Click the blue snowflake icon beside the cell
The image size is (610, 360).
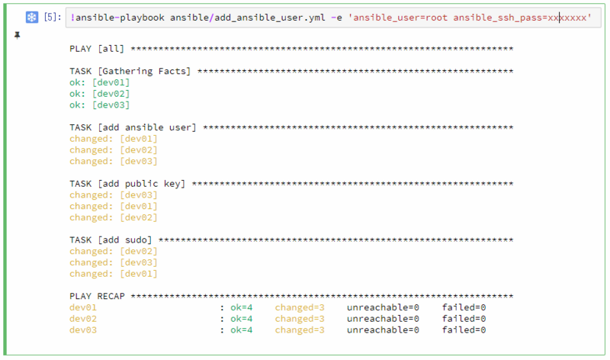pos(32,17)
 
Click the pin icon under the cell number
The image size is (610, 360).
pos(17,35)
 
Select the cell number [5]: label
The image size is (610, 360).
pos(53,17)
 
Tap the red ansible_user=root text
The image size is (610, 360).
pos(400,18)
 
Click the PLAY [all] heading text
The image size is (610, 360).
pos(97,49)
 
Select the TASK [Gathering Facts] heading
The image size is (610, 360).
pos(130,71)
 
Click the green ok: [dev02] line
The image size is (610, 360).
pos(100,94)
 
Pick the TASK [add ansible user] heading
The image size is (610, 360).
pos(133,127)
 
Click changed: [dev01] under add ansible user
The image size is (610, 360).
pos(114,139)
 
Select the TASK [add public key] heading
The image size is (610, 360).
pos(127,184)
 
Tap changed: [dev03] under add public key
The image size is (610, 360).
pos(114,195)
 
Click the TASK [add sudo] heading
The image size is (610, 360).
pos(111,239)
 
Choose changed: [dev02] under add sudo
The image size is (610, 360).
pos(114,252)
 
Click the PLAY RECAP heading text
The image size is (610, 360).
pos(98,296)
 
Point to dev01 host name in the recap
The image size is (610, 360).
pos(83,307)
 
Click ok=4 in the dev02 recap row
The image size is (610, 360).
pos(241,319)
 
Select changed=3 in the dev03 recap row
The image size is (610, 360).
pos(300,330)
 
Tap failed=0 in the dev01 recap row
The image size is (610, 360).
pos(464,307)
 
